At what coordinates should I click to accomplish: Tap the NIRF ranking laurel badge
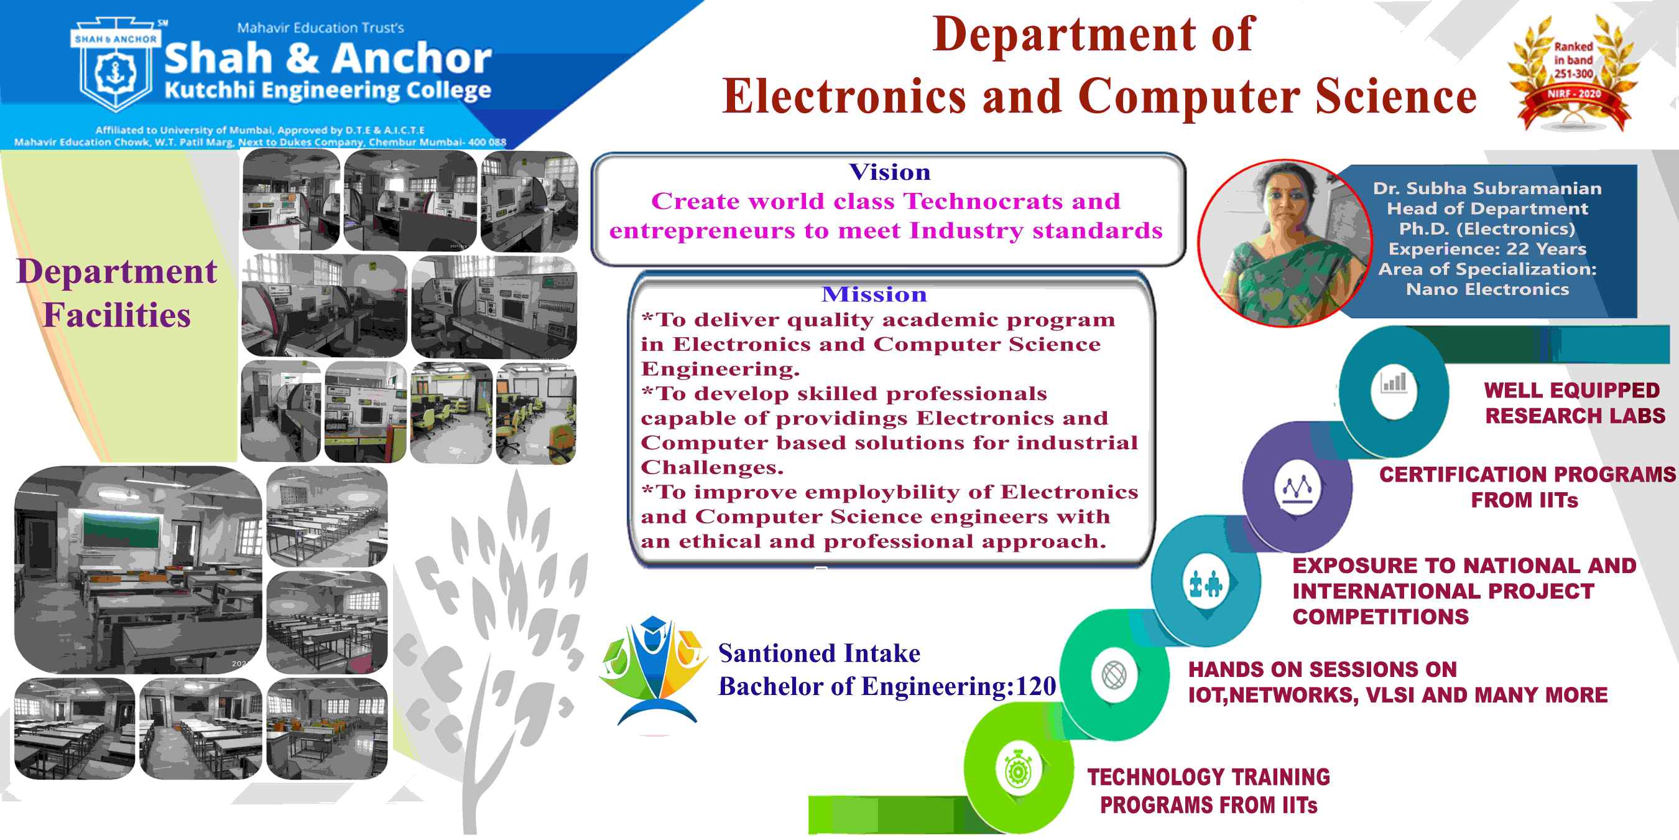tap(1573, 73)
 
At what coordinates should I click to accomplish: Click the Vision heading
tap(889, 172)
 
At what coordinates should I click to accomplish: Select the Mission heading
tap(874, 294)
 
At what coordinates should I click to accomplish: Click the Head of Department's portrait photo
tap(1284, 243)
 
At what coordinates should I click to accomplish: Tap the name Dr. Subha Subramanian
tap(1487, 189)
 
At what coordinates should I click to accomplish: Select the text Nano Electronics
tap(1487, 289)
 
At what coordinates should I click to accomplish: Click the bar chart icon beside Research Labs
tap(1394, 383)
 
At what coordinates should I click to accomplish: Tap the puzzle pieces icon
tap(1205, 584)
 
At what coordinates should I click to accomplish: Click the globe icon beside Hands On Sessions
tap(1114, 675)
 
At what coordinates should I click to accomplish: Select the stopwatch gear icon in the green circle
tap(1017, 771)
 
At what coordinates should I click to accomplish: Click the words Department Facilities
tap(117, 293)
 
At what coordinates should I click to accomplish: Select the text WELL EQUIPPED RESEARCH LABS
tap(1574, 403)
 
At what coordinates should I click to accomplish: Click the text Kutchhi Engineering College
tap(328, 91)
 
